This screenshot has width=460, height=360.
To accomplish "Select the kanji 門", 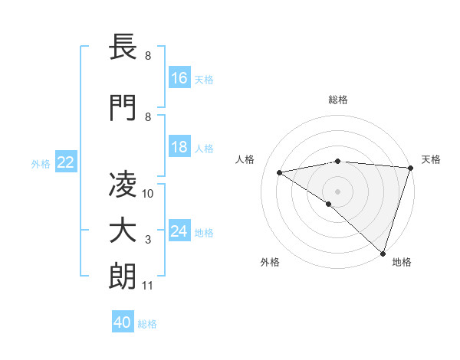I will click(123, 108).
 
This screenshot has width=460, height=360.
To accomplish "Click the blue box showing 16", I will click(179, 78).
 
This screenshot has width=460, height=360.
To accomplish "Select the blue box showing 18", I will click(179, 147).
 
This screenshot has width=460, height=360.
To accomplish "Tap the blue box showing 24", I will click(179, 231).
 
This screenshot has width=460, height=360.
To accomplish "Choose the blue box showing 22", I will click(66, 162).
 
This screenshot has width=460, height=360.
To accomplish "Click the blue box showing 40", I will click(123, 322).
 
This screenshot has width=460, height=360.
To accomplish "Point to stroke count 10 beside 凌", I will click(149, 194).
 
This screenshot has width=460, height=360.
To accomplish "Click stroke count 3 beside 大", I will click(148, 241).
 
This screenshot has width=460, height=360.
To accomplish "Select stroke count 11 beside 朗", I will click(148, 286).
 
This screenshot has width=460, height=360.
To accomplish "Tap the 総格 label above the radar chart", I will click(337, 100).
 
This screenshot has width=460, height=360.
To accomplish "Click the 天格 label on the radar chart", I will click(431, 159).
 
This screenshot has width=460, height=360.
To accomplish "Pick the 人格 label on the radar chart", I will click(245, 159).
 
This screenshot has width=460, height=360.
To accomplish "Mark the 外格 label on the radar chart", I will click(270, 262).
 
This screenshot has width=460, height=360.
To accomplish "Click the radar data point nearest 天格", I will click(410, 168).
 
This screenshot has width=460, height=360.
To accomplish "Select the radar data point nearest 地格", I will click(383, 253).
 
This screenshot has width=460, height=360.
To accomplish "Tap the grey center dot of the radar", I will click(337, 191).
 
